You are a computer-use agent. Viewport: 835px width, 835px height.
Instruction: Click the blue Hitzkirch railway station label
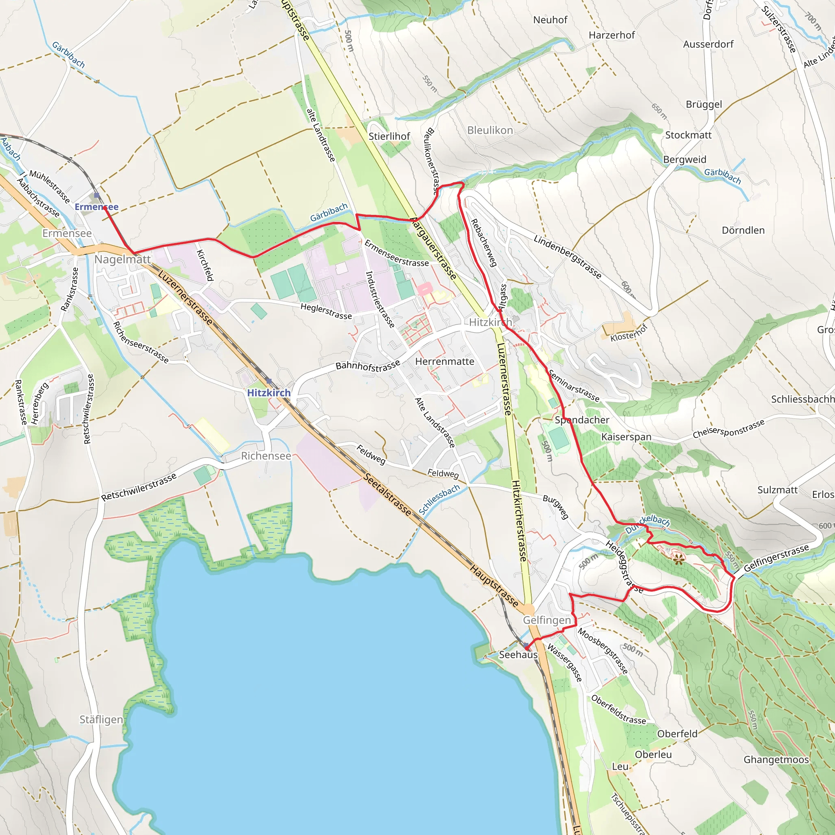[x=268, y=393]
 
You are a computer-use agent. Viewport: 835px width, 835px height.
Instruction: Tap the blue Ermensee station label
[x=96, y=207]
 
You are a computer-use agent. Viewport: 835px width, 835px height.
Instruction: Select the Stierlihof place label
[x=389, y=137]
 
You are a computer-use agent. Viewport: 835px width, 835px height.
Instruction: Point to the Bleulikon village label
[x=490, y=130]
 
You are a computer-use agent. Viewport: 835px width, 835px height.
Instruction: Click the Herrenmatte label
[x=445, y=361]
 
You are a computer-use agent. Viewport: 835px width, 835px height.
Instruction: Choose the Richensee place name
[x=266, y=456]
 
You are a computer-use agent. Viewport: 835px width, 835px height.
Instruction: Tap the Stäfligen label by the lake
[x=101, y=720]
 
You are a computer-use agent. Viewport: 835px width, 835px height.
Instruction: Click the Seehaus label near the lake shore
[x=518, y=655]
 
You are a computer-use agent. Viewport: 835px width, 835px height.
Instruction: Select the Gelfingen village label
[x=547, y=620]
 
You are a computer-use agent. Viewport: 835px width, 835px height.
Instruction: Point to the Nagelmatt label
[x=122, y=259]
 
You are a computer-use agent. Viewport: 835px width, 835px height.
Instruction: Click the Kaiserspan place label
[x=626, y=437]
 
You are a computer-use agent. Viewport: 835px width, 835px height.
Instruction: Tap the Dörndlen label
[x=743, y=230]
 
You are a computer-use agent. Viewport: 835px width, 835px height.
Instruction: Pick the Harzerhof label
[x=612, y=35]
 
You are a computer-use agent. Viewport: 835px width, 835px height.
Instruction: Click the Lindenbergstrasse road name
[x=567, y=257]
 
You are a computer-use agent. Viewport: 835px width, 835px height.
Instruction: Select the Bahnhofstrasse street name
[x=368, y=366]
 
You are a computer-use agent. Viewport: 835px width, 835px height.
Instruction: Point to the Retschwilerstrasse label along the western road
[x=88, y=409]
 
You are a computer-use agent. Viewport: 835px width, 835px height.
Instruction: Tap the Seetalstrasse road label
[x=387, y=495]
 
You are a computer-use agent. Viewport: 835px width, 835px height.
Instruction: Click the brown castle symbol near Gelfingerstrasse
[x=678, y=560]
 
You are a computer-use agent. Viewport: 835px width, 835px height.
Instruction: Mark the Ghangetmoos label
[x=776, y=760]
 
